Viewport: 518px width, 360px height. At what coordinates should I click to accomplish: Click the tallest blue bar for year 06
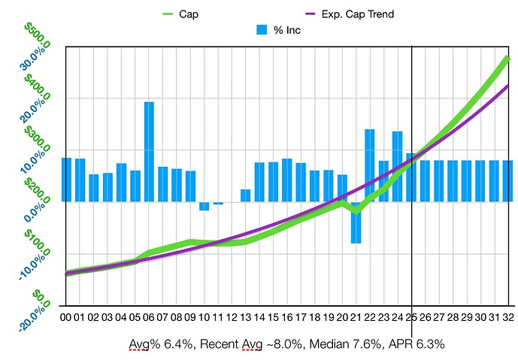pos(149,150)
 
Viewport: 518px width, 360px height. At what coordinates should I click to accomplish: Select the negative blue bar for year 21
pos(356,222)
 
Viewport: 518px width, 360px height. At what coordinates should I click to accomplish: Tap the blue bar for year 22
pos(370,165)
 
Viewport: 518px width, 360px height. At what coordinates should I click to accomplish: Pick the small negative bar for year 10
pos(204,206)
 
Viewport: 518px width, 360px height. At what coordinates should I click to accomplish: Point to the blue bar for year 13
pos(245,195)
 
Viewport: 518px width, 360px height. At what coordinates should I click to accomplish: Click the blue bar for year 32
pos(507,180)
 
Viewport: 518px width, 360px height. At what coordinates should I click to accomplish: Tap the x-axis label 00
pos(66,318)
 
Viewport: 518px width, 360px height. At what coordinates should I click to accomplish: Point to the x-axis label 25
pos(411,318)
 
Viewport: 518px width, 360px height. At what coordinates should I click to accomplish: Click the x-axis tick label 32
pos(507,318)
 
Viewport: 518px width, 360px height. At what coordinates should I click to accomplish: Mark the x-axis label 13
pos(245,318)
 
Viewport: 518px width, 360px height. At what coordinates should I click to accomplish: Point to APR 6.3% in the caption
pos(420,343)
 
